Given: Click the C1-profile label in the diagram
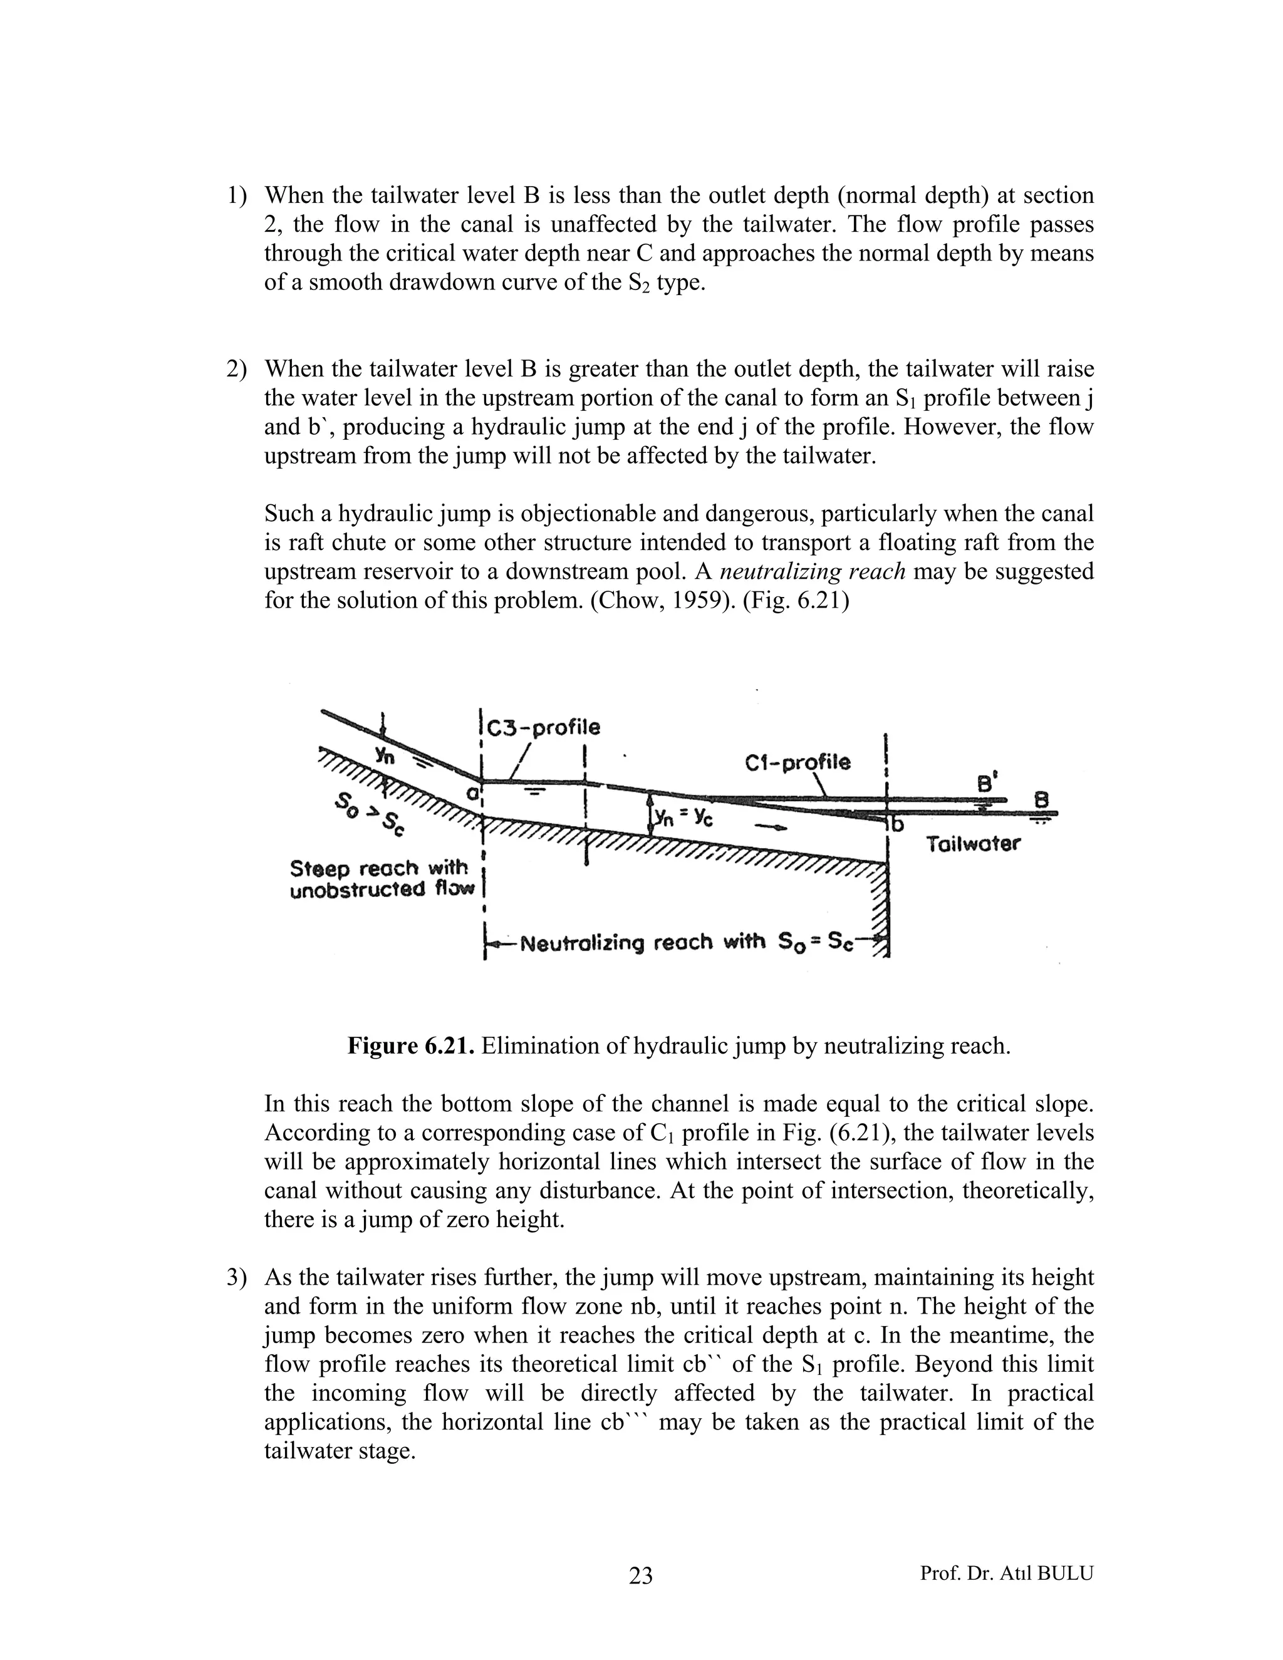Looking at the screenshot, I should point(798,762).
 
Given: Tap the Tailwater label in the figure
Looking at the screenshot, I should point(974,843).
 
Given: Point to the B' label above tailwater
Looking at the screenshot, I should point(986,784).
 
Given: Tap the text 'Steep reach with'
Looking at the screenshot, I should point(378,868).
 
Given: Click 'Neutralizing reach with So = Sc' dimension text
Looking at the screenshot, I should point(688,943).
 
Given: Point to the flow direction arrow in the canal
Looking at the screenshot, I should point(770,827).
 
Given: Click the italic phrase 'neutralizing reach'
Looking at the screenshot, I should point(812,571).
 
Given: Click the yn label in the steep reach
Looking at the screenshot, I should point(384,754).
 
